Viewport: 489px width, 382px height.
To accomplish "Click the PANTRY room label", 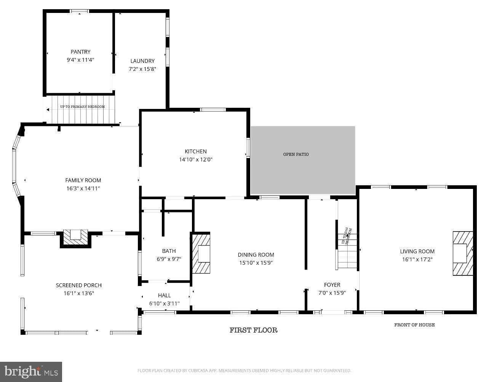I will [x=80, y=52].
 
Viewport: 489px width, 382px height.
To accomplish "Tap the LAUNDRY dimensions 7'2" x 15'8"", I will [x=142, y=69].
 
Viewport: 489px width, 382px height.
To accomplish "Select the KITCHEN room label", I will [x=196, y=151].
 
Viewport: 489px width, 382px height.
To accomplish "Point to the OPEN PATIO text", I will [x=296, y=154].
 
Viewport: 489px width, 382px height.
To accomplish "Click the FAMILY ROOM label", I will [x=83, y=180].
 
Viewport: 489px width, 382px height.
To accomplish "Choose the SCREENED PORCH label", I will [x=79, y=285].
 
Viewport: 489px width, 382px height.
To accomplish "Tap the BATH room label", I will [x=169, y=251].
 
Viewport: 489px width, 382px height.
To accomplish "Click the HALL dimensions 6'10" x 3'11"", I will [x=164, y=304].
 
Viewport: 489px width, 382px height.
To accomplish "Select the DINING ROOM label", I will [x=256, y=255].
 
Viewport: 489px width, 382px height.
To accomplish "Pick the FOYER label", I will [x=332, y=285].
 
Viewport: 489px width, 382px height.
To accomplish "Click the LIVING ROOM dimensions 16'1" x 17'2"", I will [x=417, y=259].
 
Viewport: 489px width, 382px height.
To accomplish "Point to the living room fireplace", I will [x=462, y=253].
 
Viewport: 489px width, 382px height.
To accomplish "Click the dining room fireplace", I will [x=201, y=254].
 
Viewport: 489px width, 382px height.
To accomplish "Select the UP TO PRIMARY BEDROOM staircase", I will [x=82, y=110].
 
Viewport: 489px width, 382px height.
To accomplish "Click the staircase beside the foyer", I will [x=347, y=251].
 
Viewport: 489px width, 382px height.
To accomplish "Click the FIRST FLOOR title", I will [x=253, y=330].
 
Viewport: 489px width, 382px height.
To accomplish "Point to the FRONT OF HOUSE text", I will [x=414, y=325].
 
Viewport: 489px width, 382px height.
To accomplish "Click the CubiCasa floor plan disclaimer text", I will [x=244, y=371].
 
